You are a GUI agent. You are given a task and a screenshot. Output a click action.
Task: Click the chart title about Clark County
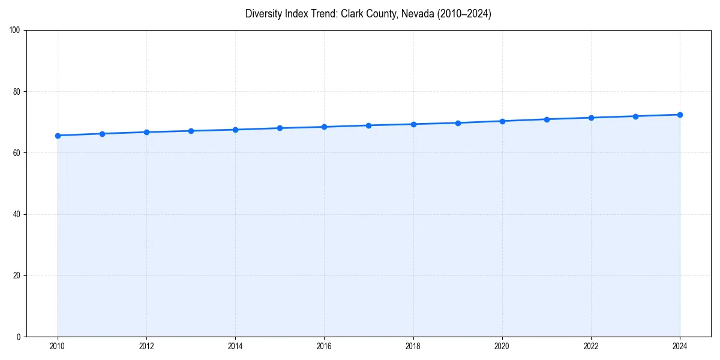368,14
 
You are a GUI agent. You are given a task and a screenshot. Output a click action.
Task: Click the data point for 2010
58,136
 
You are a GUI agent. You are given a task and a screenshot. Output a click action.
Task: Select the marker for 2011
102,134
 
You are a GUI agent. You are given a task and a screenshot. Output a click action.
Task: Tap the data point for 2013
191,131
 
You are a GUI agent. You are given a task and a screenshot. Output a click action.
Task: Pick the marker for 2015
280,128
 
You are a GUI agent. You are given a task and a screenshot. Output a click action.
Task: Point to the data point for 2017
368,125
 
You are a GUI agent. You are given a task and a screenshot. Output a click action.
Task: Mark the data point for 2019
458,123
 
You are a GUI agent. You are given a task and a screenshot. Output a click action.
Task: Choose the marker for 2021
547,119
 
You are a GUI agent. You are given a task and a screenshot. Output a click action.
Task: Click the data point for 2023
635,116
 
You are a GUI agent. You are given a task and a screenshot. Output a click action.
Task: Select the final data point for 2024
680,115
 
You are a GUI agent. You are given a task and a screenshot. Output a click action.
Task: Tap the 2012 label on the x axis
146,346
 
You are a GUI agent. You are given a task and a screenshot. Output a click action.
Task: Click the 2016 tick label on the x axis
324,346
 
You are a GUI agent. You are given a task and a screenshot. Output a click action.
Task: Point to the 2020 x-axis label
502,346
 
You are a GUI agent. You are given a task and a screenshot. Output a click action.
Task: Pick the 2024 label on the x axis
680,346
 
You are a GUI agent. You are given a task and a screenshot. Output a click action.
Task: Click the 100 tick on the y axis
15,31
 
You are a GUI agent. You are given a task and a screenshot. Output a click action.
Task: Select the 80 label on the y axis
17,92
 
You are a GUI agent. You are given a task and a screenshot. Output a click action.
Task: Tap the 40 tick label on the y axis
17,214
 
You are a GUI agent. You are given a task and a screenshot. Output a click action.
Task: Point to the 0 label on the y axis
19,337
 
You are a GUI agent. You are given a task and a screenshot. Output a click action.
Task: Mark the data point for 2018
413,124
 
